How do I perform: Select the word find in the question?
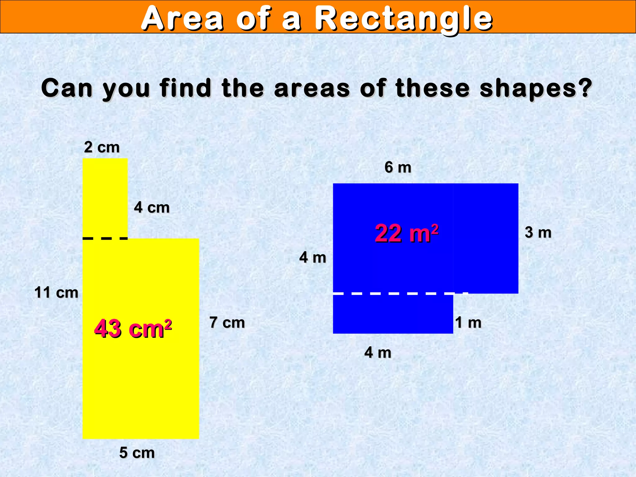pos(185,88)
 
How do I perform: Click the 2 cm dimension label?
pos(102,147)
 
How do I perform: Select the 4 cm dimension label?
pos(152,207)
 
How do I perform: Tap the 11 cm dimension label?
pos(56,293)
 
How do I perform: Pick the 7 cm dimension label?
pos(227,322)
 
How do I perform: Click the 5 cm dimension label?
pos(137,453)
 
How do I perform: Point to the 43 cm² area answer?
pos(133,329)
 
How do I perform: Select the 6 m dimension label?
pos(398,167)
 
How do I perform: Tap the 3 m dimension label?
pos(538,233)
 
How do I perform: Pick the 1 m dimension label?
pos(468,323)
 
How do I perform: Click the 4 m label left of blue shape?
pos(313,257)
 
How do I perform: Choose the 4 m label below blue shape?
pos(378,352)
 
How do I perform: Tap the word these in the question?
pos(433,88)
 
